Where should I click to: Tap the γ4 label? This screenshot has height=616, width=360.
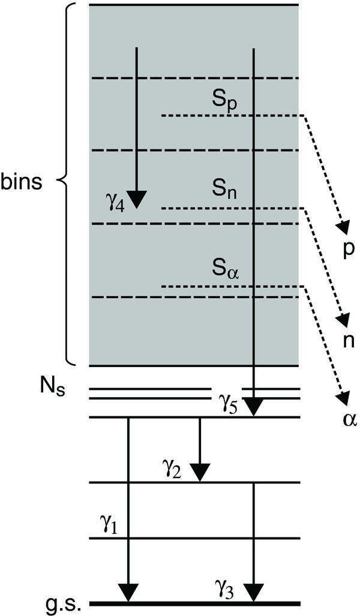click(114, 205)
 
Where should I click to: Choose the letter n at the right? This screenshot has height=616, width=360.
click(347, 341)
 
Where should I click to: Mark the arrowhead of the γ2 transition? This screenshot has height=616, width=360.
click(200, 473)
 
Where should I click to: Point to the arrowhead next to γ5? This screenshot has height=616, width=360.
click(254, 408)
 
